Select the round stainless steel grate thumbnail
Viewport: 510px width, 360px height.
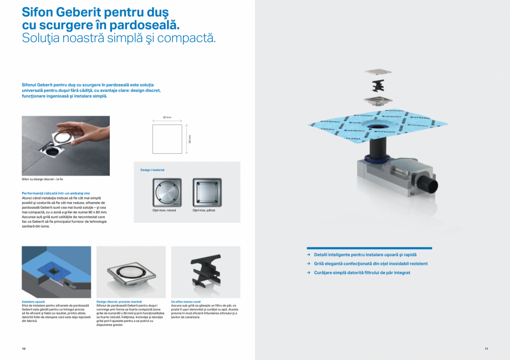(x=167, y=192)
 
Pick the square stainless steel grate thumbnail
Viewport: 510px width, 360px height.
(x=207, y=192)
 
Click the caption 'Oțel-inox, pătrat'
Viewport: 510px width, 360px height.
(x=203, y=210)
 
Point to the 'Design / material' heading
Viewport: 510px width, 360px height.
(x=152, y=170)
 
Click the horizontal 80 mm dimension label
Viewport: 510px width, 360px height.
(x=167, y=118)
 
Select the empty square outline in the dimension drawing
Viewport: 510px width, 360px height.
(x=167, y=138)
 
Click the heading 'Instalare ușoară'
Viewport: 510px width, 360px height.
(x=33, y=301)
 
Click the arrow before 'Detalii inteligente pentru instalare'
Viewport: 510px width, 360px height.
(x=309, y=255)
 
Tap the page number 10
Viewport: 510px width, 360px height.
(x=24, y=348)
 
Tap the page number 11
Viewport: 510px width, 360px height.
(x=486, y=348)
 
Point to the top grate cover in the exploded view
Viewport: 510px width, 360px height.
(x=379, y=71)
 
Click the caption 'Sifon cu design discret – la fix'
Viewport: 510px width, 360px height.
(x=42, y=179)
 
